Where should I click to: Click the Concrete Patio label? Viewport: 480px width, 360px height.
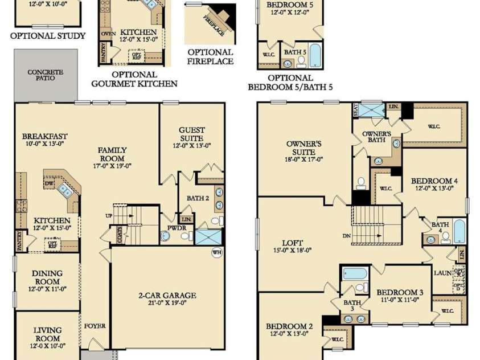click(46, 75)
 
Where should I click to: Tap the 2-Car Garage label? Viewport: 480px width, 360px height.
click(167, 299)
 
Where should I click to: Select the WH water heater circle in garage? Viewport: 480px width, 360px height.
click(216, 252)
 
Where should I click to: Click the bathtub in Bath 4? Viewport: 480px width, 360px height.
click(459, 231)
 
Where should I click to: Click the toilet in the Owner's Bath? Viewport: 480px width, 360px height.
click(361, 183)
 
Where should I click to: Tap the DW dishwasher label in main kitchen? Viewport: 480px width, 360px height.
click(50, 185)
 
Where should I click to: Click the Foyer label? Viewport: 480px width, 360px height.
click(95, 326)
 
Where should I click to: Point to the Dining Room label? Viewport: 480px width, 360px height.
click(47, 277)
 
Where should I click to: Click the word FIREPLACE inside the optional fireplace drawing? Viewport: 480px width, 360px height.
click(214, 26)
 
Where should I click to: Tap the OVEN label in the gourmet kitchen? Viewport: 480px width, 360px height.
click(108, 34)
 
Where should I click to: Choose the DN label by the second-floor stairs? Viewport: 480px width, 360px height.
click(345, 235)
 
